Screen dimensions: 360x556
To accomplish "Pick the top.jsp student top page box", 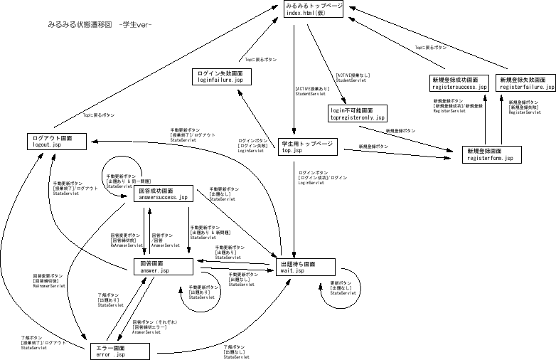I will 306,147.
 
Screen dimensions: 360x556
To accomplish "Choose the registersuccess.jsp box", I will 459,83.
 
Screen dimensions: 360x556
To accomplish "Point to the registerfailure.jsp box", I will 525,83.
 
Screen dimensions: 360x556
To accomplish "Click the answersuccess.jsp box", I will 164,194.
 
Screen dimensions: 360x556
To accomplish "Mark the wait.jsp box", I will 305,267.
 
